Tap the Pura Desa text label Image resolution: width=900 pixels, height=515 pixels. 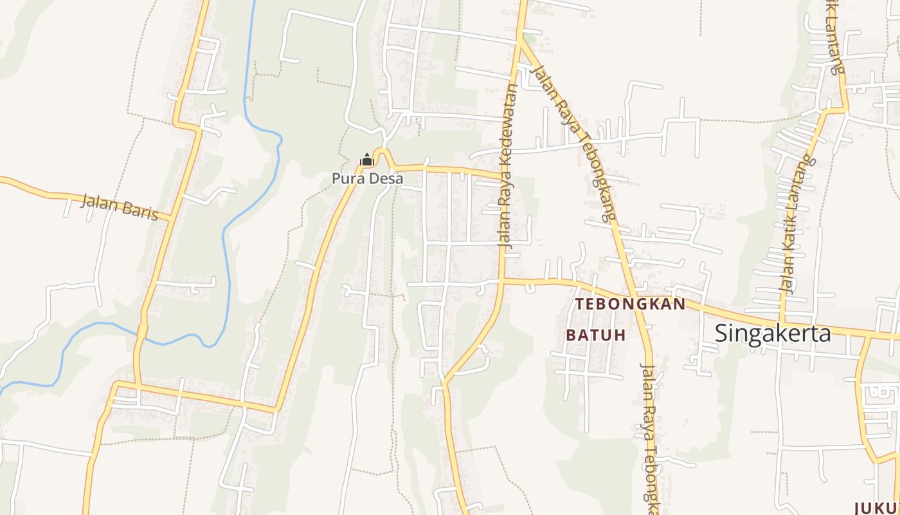click(367, 178)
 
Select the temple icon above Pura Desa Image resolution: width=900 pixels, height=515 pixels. click(366, 160)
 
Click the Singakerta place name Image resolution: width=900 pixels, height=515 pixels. click(773, 333)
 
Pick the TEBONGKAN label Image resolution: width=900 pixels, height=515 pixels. click(630, 304)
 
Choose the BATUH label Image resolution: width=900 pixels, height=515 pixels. click(596, 335)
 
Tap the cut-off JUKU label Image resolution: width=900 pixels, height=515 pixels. click(877, 507)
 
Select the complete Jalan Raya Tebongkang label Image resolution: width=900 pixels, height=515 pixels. click(569, 143)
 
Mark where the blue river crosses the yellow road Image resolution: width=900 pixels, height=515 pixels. click(143, 331)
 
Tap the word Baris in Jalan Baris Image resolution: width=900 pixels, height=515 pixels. click(138, 210)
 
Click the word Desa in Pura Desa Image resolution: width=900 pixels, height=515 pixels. click(386, 178)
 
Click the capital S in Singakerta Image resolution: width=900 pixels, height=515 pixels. click(721, 333)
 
